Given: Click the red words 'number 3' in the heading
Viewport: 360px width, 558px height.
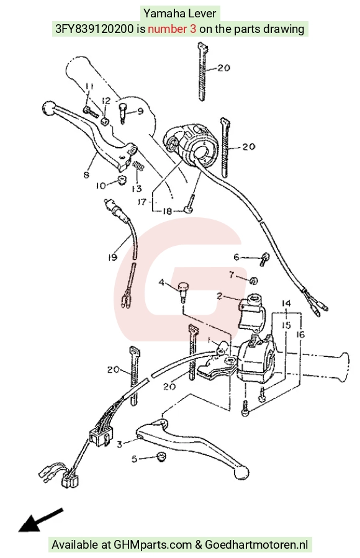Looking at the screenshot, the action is click(172, 29).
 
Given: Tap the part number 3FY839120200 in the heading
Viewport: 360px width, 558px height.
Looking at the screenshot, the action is click(94, 29).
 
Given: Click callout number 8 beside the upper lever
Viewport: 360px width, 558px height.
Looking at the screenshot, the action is click(86, 175).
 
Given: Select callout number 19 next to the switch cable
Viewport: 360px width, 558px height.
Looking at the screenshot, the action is click(112, 257).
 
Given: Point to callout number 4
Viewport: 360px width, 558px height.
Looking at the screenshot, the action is click(161, 282).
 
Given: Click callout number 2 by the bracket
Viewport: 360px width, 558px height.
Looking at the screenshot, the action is click(220, 295).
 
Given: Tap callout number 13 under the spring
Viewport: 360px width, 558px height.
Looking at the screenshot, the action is click(137, 188).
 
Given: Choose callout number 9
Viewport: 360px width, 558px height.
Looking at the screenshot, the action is click(140, 111).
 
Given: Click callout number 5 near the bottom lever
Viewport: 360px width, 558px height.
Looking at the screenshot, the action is click(134, 459).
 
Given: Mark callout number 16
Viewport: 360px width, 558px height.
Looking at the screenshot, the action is click(300, 335).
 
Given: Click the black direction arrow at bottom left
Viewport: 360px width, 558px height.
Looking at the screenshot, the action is click(41, 520).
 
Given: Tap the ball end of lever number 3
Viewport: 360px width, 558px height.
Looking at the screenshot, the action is click(241, 472).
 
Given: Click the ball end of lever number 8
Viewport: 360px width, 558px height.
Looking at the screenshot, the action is click(48, 107).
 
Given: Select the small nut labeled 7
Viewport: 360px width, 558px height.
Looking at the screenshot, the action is click(253, 281).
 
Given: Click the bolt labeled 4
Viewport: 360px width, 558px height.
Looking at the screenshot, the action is click(182, 290).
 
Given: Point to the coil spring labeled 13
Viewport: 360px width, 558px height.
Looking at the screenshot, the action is click(138, 166).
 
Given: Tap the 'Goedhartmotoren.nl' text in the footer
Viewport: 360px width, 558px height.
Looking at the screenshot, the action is click(256, 544).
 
